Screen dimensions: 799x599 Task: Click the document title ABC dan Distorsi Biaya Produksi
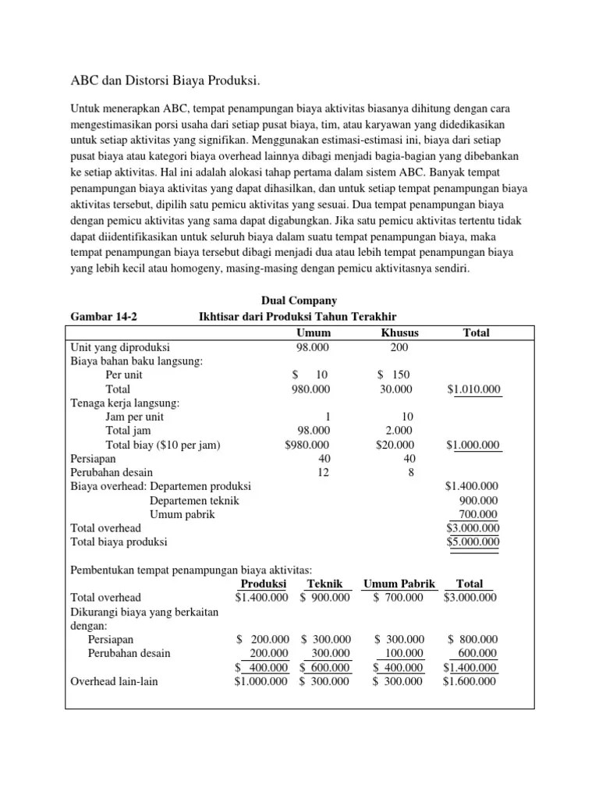165,81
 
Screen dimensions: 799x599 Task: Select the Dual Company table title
298,300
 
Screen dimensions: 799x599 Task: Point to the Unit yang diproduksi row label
121,346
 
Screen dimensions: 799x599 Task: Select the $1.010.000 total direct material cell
473,389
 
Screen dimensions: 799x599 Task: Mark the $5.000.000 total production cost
473,542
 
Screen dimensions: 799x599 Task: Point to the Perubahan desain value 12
324,473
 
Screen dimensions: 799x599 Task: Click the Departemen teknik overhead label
194,501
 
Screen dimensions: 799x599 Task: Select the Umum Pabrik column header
399,584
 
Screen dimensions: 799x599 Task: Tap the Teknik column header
325,584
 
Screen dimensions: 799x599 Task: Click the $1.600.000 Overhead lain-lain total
470,681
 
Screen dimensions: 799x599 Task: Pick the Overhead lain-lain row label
114,681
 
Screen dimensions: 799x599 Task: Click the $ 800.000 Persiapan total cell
473,639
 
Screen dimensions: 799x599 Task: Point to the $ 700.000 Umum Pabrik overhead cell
398,598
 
